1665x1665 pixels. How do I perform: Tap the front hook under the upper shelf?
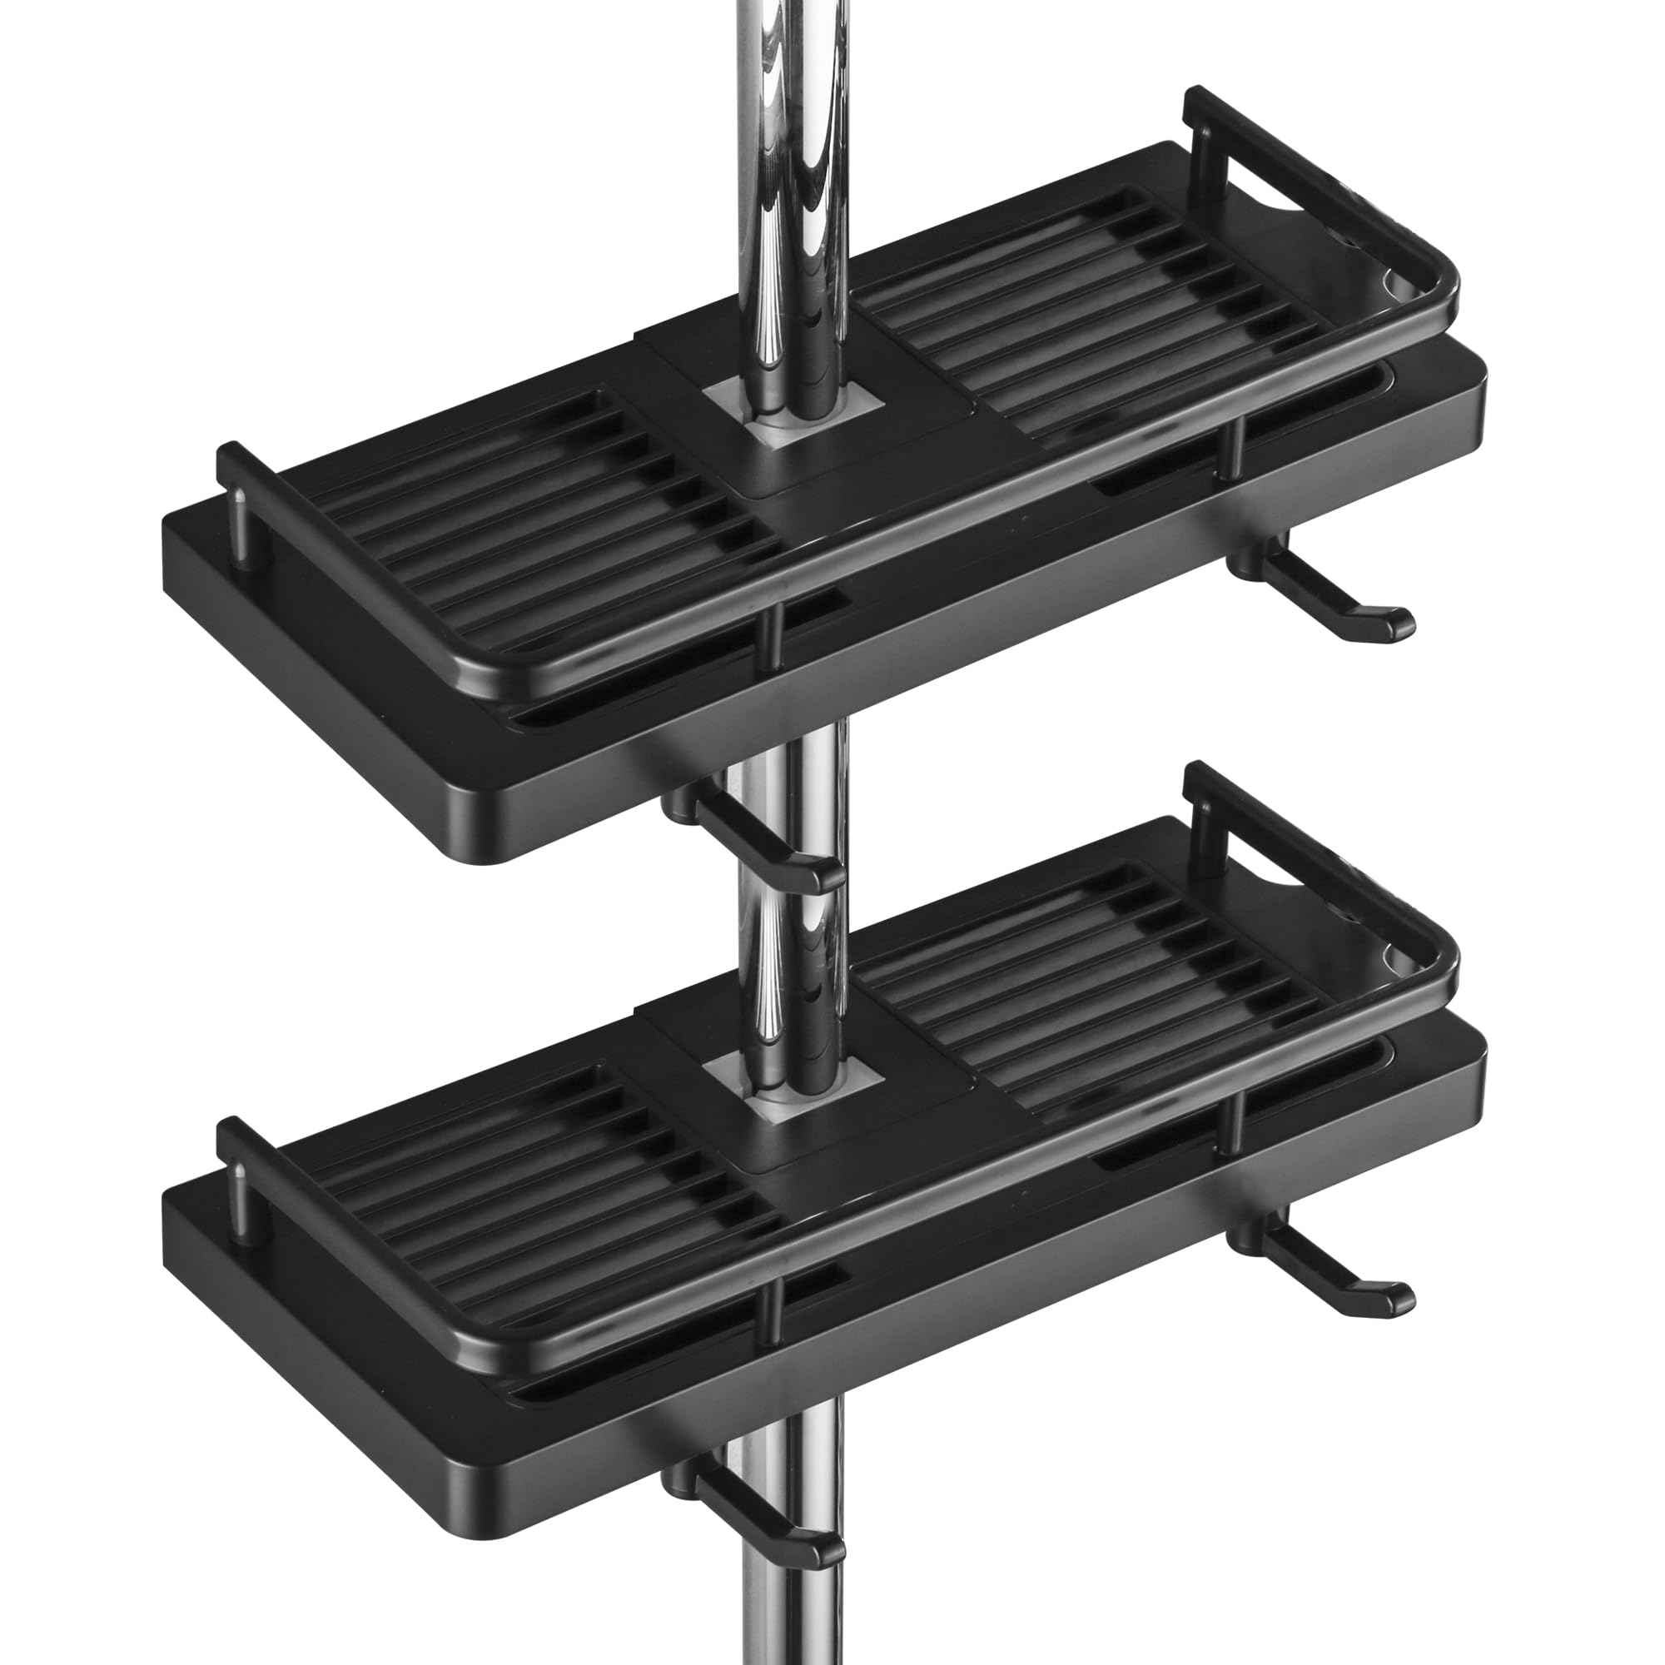pos(758,840)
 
